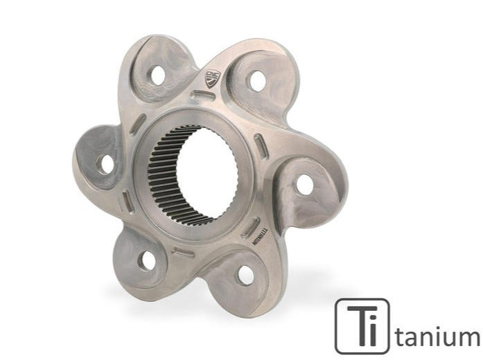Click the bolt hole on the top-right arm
pos(257,80)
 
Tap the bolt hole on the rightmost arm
pos(304,184)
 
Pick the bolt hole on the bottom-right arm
pos(246,274)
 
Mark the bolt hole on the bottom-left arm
pos(146,260)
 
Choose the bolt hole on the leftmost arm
pos(105,164)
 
